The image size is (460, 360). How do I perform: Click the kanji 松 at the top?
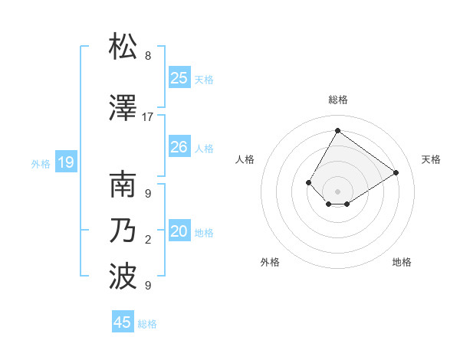[123, 47]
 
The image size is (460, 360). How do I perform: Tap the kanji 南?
[123, 185]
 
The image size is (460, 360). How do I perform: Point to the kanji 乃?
[123, 230]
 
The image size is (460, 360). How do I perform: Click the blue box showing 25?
[179, 77]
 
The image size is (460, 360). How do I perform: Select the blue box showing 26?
[179, 147]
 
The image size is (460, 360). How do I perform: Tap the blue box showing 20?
[179, 231]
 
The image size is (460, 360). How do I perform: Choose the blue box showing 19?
[66, 162]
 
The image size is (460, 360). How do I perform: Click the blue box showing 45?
[123, 322]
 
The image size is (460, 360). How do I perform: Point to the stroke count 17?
[148, 117]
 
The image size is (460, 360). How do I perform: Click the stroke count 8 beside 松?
[148, 56]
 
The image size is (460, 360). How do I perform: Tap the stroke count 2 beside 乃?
[148, 240]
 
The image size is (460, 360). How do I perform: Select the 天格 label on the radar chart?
[431, 159]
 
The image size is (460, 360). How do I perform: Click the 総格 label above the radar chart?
[337, 100]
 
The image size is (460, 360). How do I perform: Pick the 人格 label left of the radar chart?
[245, 159]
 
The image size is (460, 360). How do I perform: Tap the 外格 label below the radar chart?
[270, 262]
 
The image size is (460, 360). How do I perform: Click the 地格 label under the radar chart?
[402, 262]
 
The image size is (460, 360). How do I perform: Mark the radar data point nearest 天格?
[396, 172]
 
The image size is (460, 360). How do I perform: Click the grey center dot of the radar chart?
[337, 191]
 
